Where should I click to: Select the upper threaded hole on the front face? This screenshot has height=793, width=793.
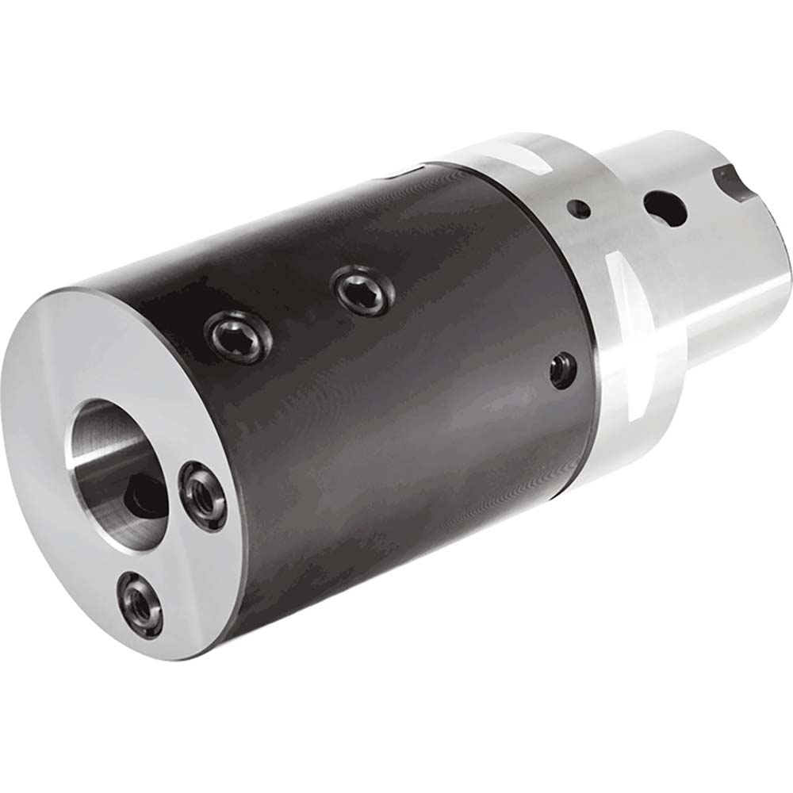point(203,496)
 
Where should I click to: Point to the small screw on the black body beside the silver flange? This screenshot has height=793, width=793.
point(561,370)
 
